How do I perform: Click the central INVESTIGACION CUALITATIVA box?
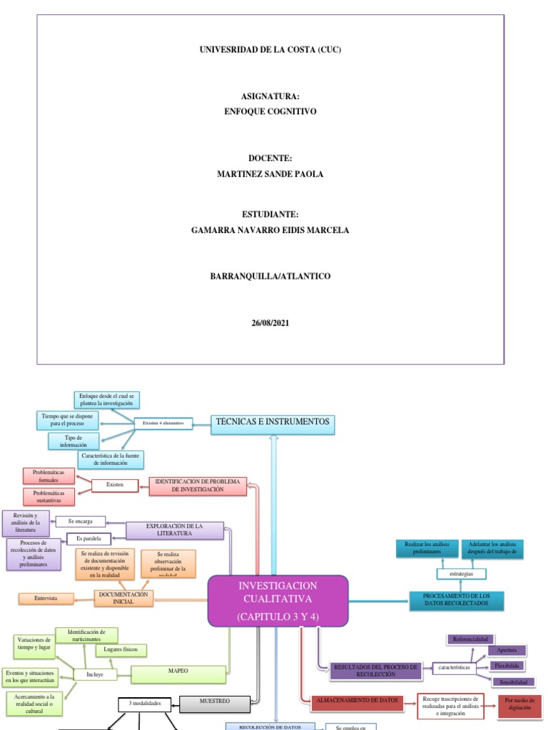click(278, 600)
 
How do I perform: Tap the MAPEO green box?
click(179, 671)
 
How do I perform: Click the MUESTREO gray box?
click(215, 703)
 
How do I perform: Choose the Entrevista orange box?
click(47, 598)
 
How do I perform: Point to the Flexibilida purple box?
click(507, 666)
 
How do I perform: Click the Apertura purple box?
click(507, 650)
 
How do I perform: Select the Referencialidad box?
click(470, 639)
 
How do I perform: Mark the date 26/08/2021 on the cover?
click(270, 323)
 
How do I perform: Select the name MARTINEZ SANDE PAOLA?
click(270, 174)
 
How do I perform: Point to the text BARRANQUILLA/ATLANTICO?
click(270, 276)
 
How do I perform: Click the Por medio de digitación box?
click(519, 705)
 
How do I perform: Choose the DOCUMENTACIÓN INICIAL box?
click(124, 597)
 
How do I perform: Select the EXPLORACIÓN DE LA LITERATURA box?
click(175, 530)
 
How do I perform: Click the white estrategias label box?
click(462, 574)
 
